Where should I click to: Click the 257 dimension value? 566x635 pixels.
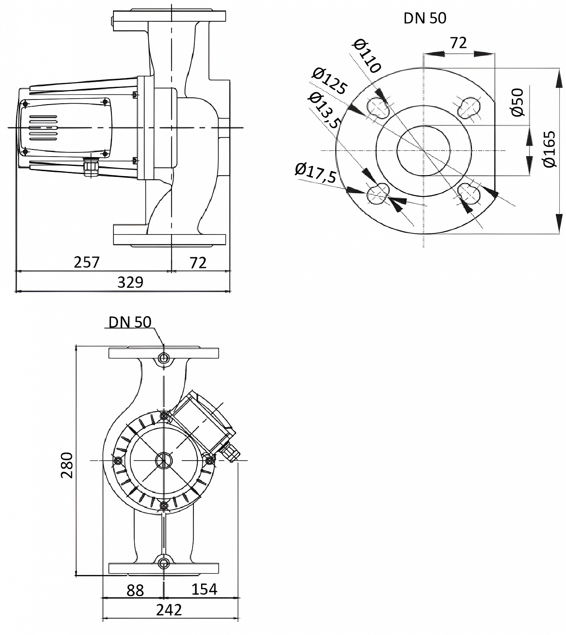click(86, 262)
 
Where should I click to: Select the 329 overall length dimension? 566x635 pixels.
click(130, 282)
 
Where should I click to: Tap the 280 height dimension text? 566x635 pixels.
click(67, 465)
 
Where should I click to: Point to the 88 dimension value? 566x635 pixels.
click(135, 590)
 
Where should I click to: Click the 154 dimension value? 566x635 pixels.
click(204, 589)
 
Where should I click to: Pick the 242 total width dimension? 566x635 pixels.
click(169, 610)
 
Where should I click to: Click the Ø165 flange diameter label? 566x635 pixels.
click(549, 149)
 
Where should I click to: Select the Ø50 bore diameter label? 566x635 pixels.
click(517, 102)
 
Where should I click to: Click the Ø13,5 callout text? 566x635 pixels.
click(325, 110)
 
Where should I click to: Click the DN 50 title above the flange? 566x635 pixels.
click(425, 18)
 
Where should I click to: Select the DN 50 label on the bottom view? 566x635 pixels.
click(130, 322)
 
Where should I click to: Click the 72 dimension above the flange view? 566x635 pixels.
click(458, 43)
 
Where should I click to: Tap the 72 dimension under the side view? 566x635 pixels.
click(198, 262)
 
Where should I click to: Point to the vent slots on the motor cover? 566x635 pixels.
click(43, 127)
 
